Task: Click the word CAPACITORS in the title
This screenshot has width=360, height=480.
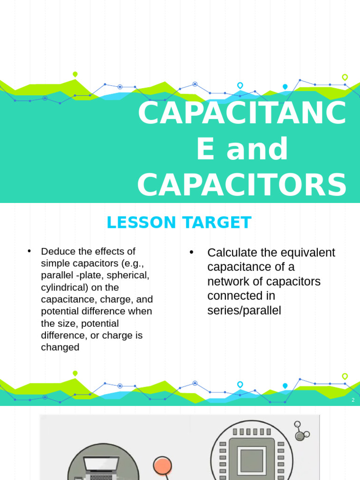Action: (242, 185)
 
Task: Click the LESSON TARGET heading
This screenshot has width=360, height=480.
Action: (179, 223)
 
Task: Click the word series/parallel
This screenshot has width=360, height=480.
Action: (244, 310)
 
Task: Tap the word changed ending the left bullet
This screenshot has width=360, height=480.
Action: (60, 347)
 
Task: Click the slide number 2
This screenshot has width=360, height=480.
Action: (353, 400)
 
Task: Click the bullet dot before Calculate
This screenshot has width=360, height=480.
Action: (192, 252)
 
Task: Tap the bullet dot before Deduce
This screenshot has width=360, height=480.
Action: (30, 251)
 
